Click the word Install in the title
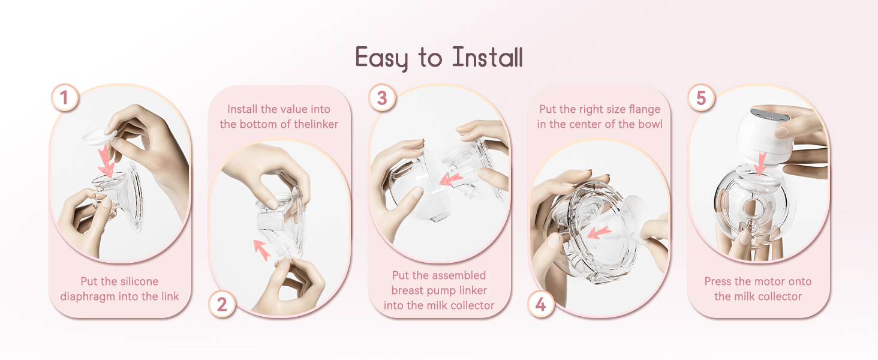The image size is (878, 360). pyautogui.click(x=488, y=58)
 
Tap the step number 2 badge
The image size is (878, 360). pyautogui.click(x=222, y=304)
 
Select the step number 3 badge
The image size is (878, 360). pyautogui.click(x=382, y=97)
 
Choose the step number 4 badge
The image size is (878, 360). pyautogui.click(x=541, y=304)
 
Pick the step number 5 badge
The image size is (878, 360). pyautogui.click(x=701, y=97)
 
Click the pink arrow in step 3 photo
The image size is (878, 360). pyautogui.click(x=450, y=178)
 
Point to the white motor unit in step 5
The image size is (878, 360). pyautogui.click(x=756, y=132)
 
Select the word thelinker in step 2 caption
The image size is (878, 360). pyautogui.click(x=314, y=124)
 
